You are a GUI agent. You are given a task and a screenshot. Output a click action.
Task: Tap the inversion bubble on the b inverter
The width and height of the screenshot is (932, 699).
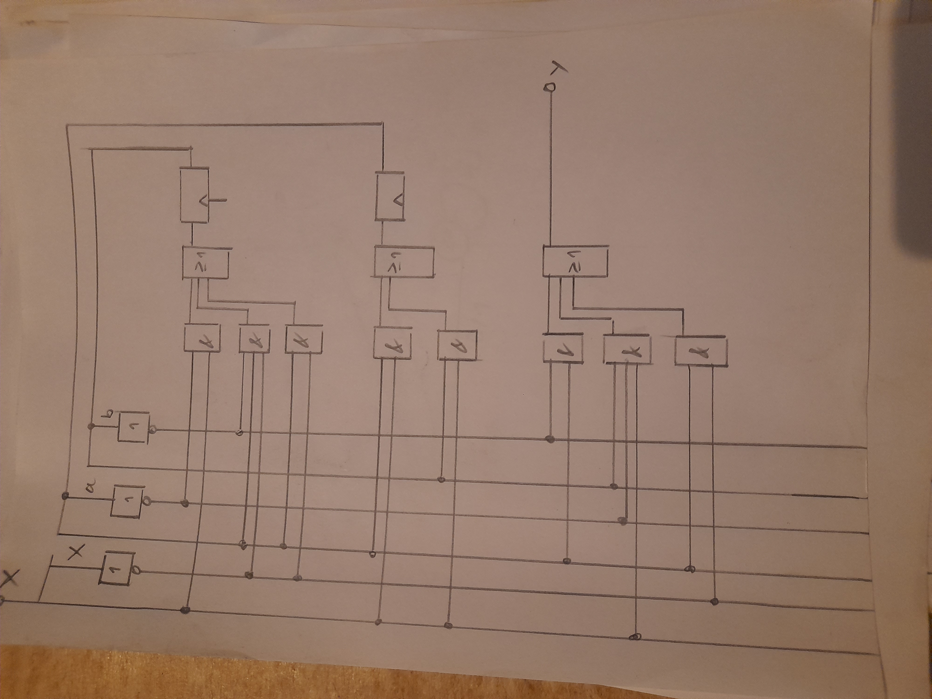153,430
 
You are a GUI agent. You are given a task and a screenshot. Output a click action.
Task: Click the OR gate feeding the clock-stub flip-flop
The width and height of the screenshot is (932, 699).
205,263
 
